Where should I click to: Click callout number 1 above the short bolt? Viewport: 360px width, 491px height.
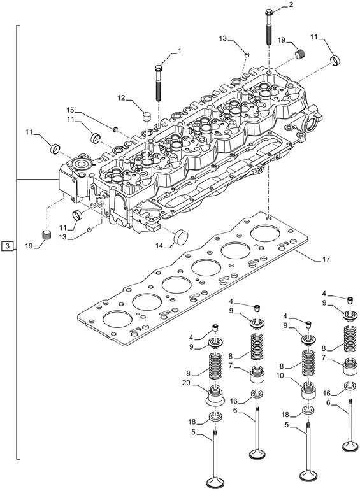(179, 50)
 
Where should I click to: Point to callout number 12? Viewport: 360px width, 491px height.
(121, 99)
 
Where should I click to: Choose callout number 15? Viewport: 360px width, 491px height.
(71, 110)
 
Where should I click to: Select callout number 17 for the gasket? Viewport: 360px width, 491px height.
(326, 259)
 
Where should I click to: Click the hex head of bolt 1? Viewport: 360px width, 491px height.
(158, 66)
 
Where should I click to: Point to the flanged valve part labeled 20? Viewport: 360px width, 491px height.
(215, 399)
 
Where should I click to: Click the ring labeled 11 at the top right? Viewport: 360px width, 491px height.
(336, 61)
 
